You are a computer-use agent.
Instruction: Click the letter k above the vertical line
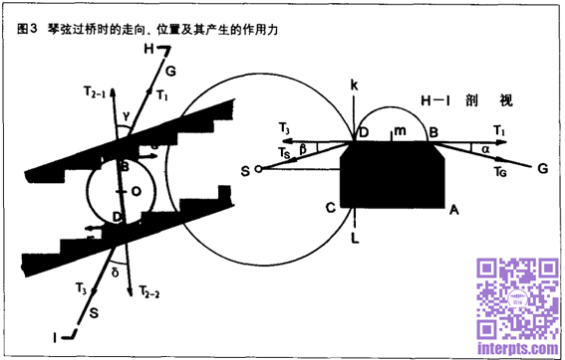(x=354, y=88)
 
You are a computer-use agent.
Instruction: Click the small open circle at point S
(x=258, y=170)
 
